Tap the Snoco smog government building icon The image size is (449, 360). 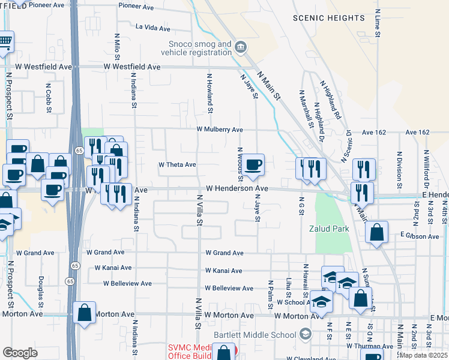240,46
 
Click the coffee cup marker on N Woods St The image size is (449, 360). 253,163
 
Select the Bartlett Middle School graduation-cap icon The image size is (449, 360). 306,334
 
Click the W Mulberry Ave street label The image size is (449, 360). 220,130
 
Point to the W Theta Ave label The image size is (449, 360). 177,164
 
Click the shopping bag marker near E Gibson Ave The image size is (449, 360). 376,232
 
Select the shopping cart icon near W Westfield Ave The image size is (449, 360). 5,42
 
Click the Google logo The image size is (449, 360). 20,352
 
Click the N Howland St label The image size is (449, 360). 210,93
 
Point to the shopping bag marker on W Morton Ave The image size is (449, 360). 84,313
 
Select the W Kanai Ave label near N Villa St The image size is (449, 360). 223,271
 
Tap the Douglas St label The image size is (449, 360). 41,289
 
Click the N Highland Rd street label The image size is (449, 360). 331,100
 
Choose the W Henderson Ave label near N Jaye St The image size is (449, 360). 237,188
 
